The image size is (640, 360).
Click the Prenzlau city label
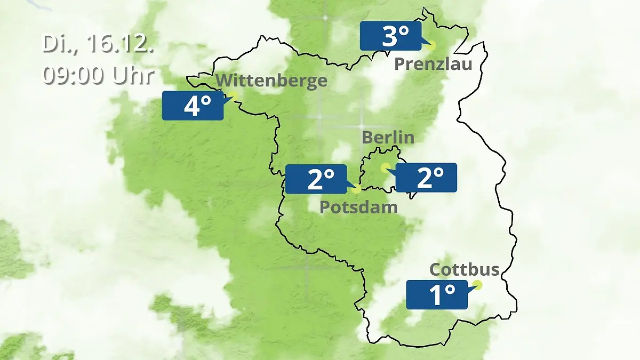(433, 65)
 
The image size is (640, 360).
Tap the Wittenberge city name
(271, 81)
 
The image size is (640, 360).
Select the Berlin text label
(388, 137)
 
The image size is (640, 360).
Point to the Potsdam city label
(358, 207)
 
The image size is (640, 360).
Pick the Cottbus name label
(465, 269)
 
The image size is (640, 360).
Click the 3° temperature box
(390, 36)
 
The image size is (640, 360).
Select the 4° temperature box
(193, 106)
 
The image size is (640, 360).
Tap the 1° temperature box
(437, 294)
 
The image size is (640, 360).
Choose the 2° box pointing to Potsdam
(316, 179)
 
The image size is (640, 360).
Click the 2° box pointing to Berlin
(426, 178)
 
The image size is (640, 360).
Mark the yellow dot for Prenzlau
(431, 46)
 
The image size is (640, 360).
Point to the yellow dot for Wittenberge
(233, 95)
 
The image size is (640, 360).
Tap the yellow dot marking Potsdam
(356, 188)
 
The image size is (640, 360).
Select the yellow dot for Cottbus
(477, 285)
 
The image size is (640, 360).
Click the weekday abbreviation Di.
(56, 44)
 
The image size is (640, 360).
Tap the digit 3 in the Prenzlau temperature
(389, 36)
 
